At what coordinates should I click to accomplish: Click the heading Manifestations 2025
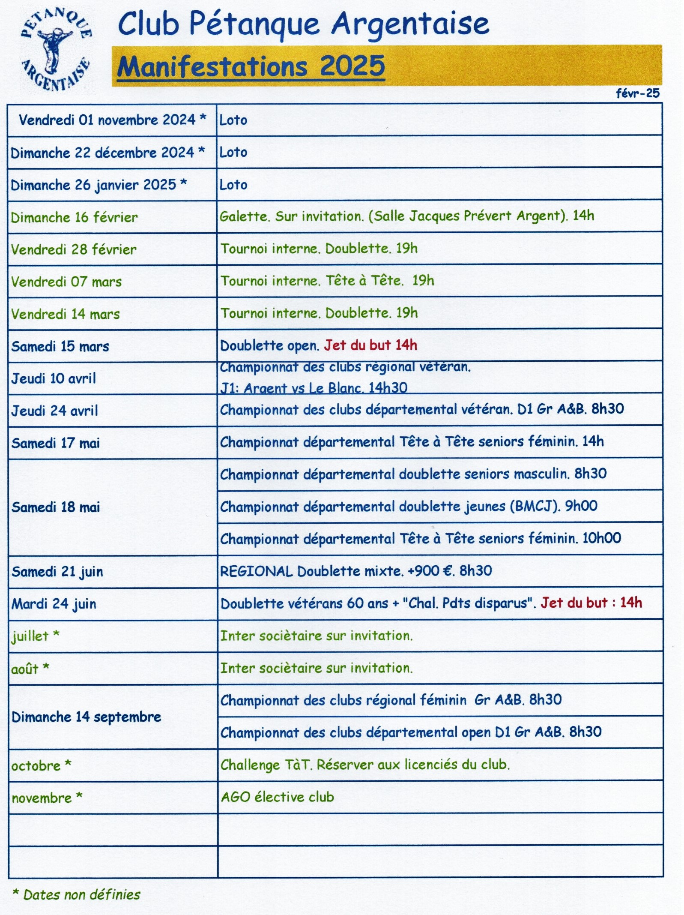coord(251,66)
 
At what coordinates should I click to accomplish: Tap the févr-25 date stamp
coord(637,93)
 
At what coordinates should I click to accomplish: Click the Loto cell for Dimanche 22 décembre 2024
coord(233,152)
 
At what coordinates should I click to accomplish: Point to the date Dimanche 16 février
coord(74,217)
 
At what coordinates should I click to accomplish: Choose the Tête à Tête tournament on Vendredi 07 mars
coord(327,281)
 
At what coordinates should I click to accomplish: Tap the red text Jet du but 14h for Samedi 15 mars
coord(370,345)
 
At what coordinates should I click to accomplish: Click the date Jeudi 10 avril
coord(54,378)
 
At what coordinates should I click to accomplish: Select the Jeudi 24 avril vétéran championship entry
coord(421,409)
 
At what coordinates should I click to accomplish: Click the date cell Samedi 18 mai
coord(56,507)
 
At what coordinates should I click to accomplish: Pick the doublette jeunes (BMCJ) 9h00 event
coord(409,506)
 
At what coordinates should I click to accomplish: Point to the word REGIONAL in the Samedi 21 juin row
coord(256,571)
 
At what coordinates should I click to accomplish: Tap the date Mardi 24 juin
coord(54,604)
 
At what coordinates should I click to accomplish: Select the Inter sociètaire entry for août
coord(317,668)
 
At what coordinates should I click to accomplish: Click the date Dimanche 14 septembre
coord(86,717)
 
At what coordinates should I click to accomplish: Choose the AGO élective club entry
coord(277,797)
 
